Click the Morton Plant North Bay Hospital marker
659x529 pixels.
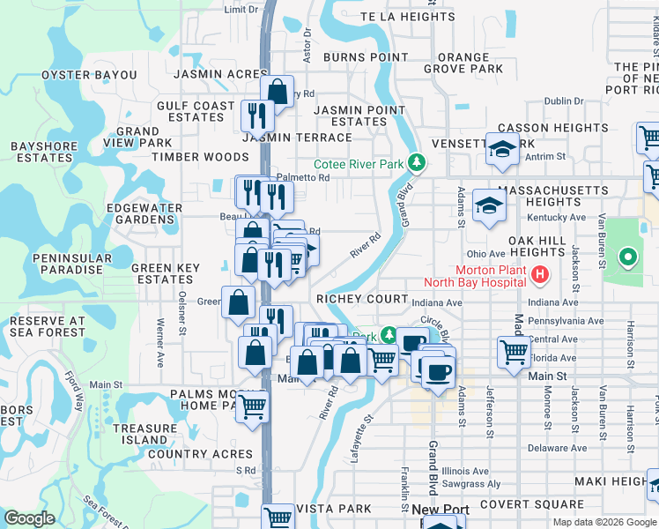[541, 275]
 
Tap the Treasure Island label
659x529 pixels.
[145, 434]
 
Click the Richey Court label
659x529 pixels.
[362, 299]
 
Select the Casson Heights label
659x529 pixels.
[553, 128]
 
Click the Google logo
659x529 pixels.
[29, 518]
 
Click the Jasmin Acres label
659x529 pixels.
[221, 75]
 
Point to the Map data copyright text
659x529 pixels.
[603, 522]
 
